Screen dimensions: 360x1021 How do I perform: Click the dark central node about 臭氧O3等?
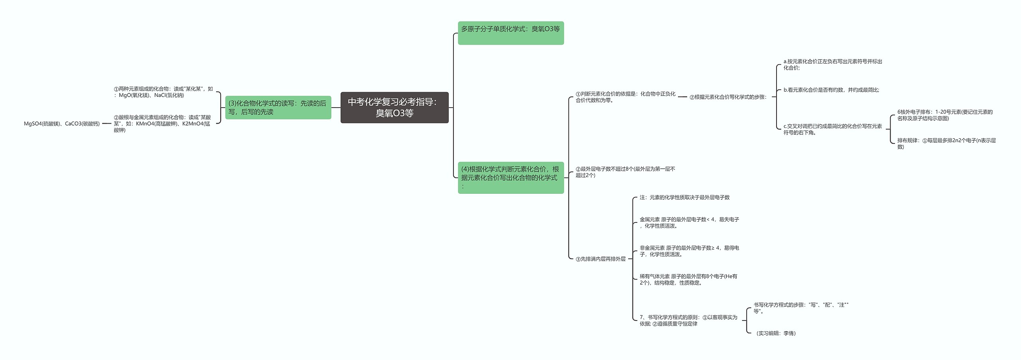click(394, 107)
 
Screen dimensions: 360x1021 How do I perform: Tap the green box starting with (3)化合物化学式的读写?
click(278, 107)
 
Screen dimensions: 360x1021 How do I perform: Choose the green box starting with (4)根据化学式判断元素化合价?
click(510, 177)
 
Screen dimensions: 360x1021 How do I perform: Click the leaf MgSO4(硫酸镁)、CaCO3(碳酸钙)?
click(62, 124)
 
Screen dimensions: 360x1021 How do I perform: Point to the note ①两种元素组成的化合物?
click(163, 92)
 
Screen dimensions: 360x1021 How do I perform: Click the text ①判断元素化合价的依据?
click(625, 97)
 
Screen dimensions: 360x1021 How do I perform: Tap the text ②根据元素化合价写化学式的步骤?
click(728, 97)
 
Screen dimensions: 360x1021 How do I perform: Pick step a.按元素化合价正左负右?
click(832, 65)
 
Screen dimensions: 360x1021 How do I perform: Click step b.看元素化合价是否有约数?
click(831, 90)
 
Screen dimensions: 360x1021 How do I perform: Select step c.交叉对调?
click(832, 129)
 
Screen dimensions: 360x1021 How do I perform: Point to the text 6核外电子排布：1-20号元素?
click(945, 115)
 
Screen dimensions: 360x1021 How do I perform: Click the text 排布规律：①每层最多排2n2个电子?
click(946, 144)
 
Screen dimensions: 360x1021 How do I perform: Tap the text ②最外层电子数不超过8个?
click(625, 172)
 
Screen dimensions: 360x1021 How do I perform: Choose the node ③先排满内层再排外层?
click(601, 259)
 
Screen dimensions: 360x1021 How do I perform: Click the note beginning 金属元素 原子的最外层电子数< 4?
click(689, 222)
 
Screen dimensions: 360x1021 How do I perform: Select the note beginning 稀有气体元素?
click(688, 279)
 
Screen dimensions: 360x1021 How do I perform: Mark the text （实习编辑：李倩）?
click(775, 333)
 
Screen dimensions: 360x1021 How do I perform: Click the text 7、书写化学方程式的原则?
click(688, 321)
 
